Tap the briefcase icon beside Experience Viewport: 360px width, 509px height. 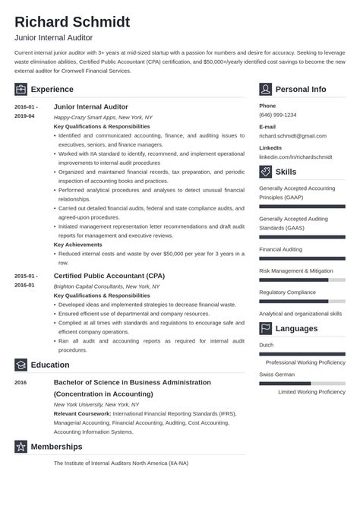[21, 89]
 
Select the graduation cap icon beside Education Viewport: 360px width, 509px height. [21, 365]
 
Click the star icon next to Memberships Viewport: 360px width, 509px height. [21, 446]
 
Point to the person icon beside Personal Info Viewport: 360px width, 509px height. [265, 89]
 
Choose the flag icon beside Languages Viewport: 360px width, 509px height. [265, 328]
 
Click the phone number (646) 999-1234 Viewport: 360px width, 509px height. [278, 115]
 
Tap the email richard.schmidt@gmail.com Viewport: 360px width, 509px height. [292, 135]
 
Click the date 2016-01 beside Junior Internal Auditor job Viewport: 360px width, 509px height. [25, 107]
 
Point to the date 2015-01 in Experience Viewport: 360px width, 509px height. [25, 276]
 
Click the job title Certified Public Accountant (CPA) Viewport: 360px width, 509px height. [109, 276]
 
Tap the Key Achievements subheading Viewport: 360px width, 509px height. [79, 245]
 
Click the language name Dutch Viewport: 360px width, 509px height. [267, 345]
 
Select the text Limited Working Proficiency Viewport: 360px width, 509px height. [311, 391]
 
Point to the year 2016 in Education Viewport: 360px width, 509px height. [21, 383]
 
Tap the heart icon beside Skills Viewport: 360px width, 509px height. [265, 172]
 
